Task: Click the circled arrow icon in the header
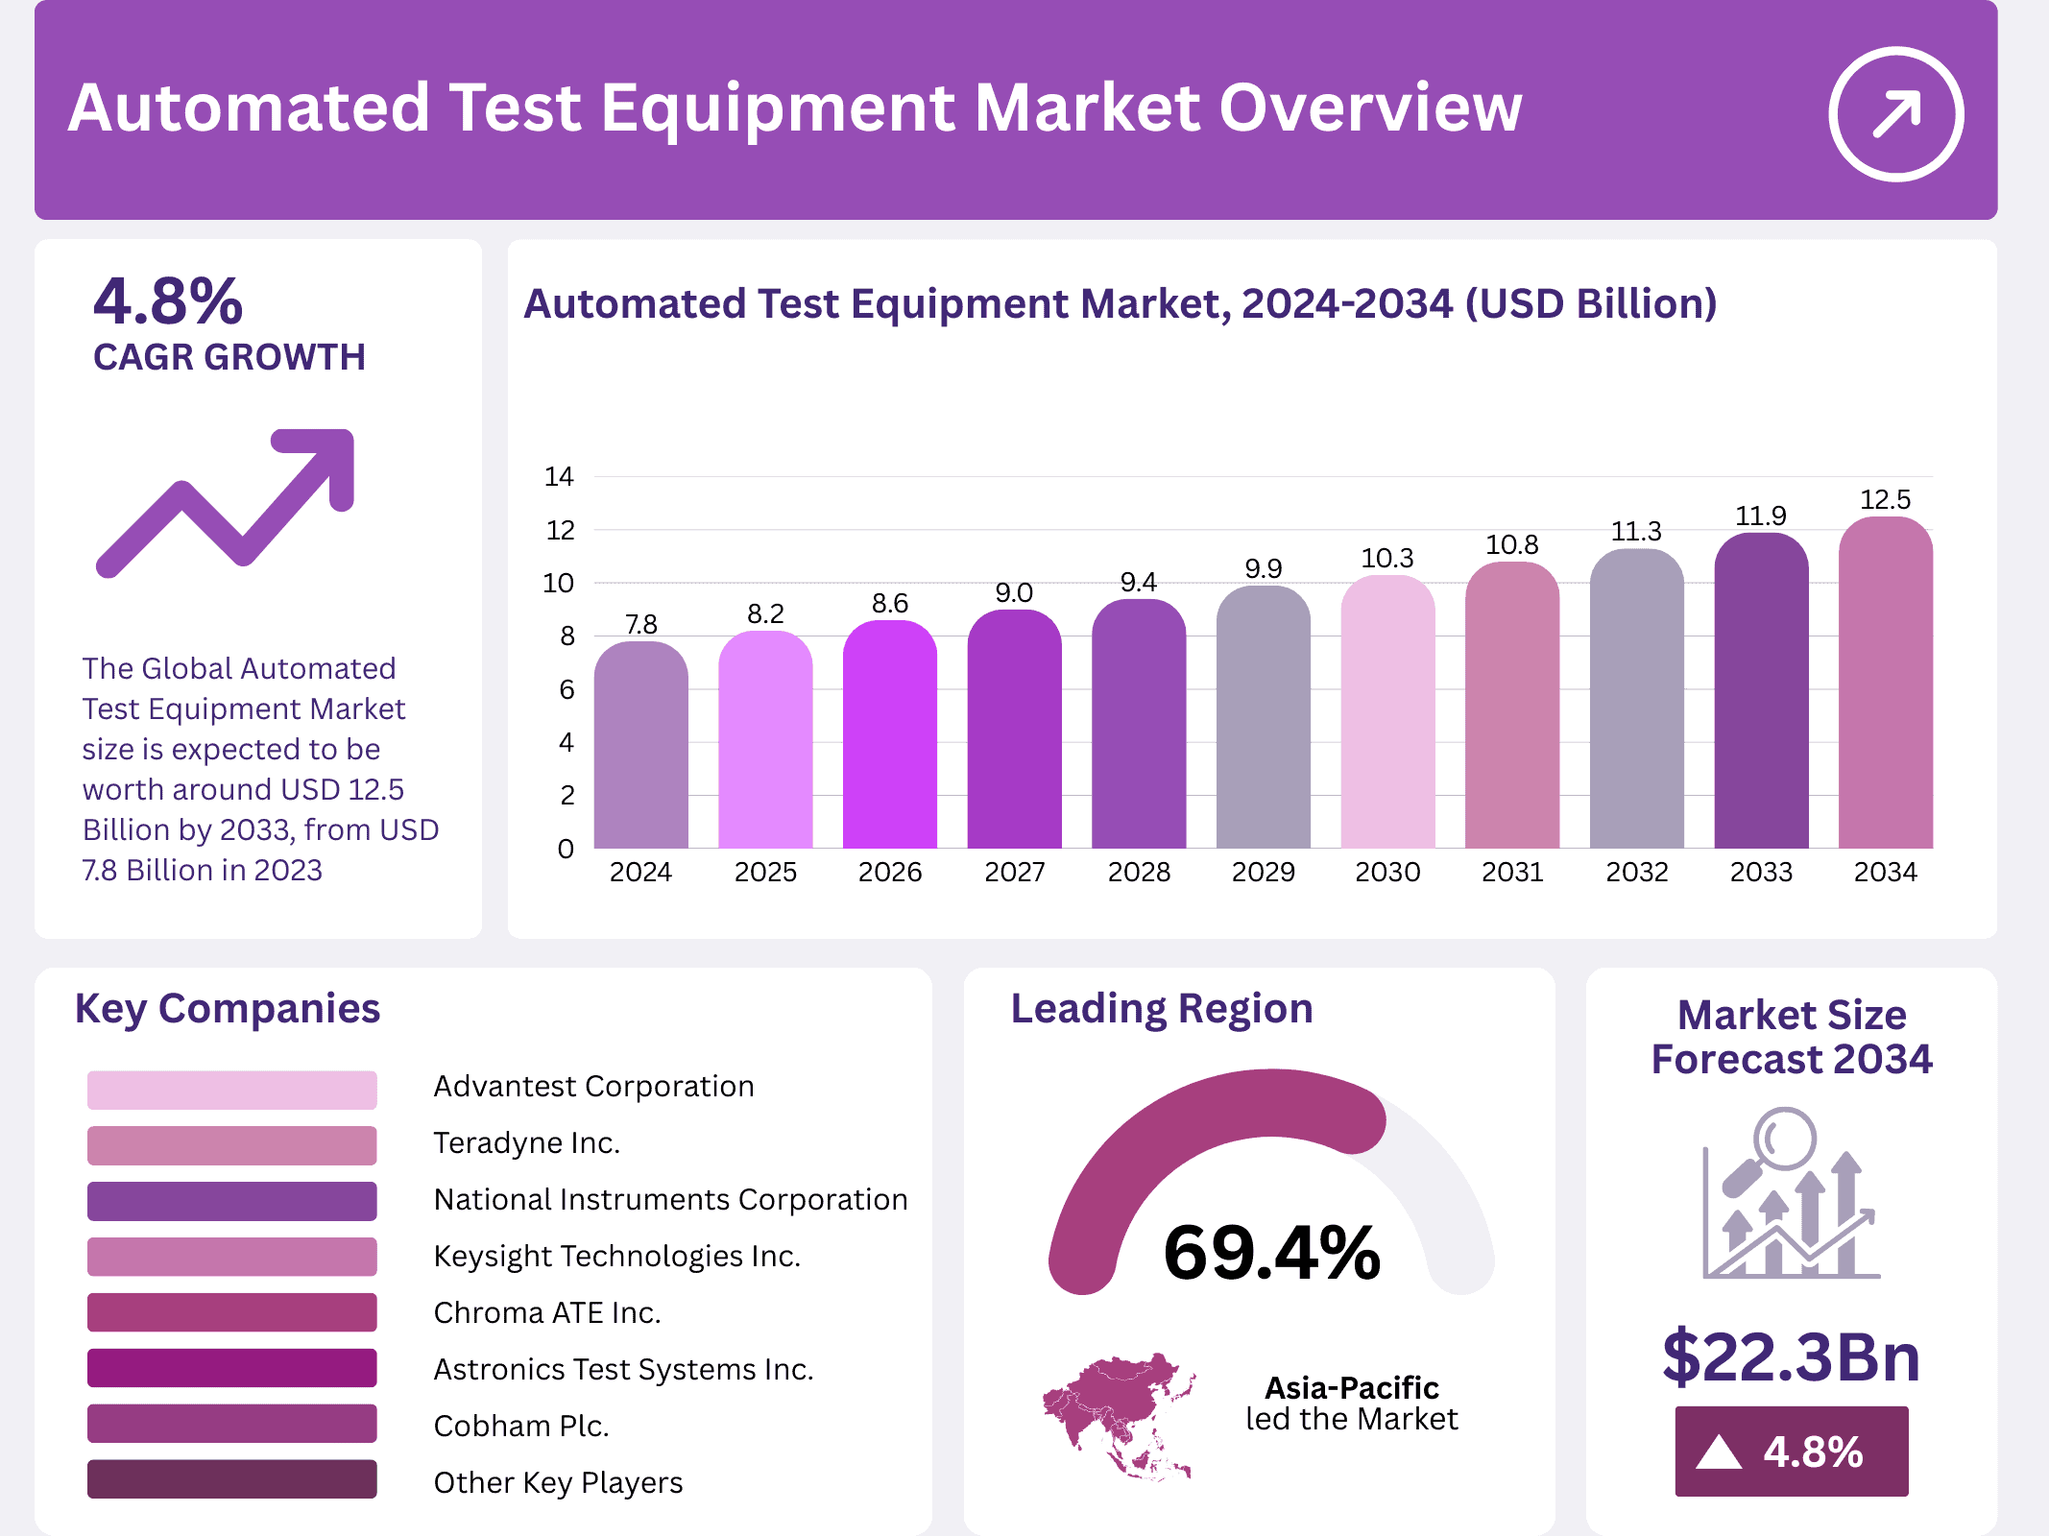(x=1895, y=114)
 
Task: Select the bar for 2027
(x=1014, y=730)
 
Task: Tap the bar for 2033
(x=1761, y=691)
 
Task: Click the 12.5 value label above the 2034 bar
(x=1885, y=499)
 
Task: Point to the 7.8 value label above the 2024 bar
(x=640, y=624)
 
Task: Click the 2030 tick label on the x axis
(x=1387, y=872)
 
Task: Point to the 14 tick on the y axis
(x=559, y=476)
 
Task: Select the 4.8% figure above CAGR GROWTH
(x=168, y=301)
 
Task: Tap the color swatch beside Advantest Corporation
(x=231, y=1090)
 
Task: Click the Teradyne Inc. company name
(x=526, y=1142)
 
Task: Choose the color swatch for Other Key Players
(x=231, y=1478)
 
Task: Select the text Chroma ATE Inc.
(x=547, y=1312)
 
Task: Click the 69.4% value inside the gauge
(x=1271, y=1253)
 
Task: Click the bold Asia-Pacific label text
(x=1351, y=1387)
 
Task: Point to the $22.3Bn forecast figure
(x=1791, y=1356)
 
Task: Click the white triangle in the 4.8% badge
(x=1719, y=1452)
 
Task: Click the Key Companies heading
(x=228, y=1009)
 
